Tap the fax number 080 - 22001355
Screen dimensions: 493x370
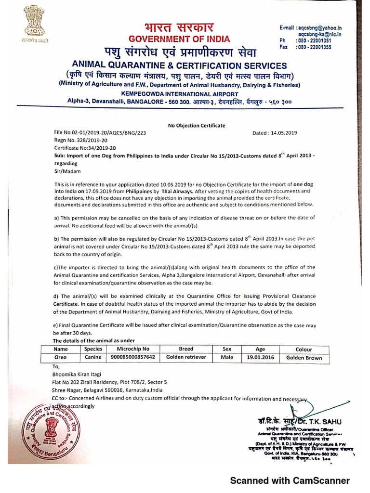[314, 48]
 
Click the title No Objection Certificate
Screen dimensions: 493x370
[196, 125]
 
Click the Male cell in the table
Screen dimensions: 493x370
[227, 357]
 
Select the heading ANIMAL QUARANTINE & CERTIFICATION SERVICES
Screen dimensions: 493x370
[179, 65]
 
